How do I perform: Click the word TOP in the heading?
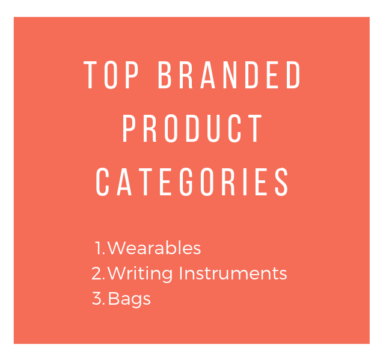[111, 75]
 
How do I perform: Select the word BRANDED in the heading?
[229, 75]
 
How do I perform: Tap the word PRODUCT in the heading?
[192, 129]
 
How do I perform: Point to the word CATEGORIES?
[192, 182]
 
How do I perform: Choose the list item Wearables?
[154, 248]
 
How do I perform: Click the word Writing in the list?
[140, 273]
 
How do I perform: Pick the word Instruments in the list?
[233, 273]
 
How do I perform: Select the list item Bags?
[129, 299]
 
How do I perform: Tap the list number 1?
[100, 248]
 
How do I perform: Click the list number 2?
[98, 273]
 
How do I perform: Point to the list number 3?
[99, 298]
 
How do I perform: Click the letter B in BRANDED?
[164, 75]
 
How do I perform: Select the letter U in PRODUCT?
[213, 129]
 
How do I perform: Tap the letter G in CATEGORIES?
[186, 182]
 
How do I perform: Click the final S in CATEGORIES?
[281, 182]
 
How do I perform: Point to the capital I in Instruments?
[180, 273]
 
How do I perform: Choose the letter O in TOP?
[111, 75]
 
